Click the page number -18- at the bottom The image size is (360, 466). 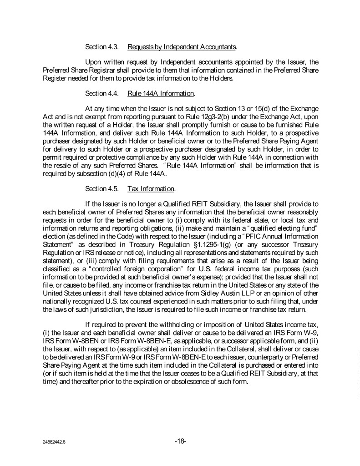[x=180, y=441]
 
